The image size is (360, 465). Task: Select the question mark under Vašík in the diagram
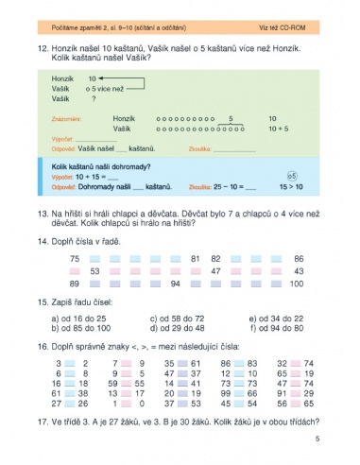coord(94,98)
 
